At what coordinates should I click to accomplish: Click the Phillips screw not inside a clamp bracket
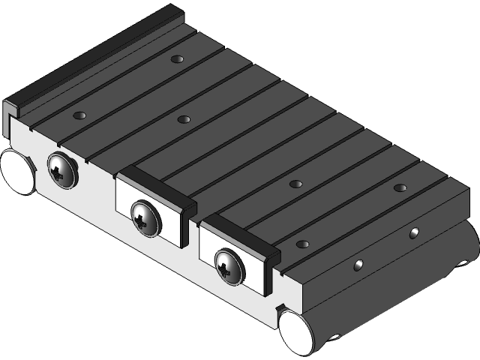pyautogui.click(x=62, y=169)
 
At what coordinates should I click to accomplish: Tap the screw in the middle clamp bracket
pyautogui.click(x=145, y=217)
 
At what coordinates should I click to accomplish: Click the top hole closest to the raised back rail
pyautogui.click(x=177, y=58)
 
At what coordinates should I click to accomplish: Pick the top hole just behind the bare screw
pyautogui.click(x=79, y=115)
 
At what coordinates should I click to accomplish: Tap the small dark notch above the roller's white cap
pyautogui.click(x=280, y=308)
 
